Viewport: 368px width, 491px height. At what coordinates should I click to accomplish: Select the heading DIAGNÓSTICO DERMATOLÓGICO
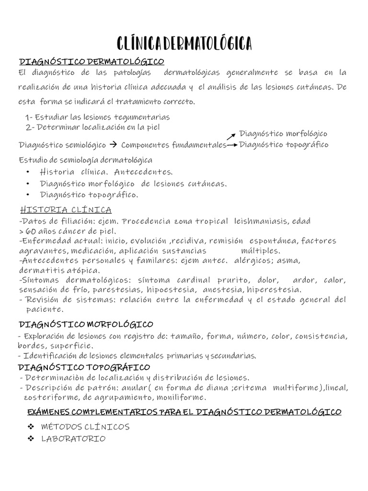click(x=91, y=61)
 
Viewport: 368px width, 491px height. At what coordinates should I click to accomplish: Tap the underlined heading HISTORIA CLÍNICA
click(x=66, y=210)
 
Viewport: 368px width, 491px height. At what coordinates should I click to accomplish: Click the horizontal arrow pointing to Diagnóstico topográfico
click(x=232, y=145)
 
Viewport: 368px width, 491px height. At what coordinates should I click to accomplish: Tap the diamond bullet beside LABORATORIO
click(x=31, y=439)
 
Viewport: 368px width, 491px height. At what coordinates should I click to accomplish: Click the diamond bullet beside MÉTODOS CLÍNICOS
click(x=31, y=426)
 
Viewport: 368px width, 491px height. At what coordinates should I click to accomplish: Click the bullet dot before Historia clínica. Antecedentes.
click(x=29, y=172)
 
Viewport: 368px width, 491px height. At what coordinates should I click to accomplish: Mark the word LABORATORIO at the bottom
click(x=73, y=439)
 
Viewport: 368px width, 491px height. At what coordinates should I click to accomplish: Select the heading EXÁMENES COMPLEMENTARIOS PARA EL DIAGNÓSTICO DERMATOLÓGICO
click(x=184, y=412)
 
